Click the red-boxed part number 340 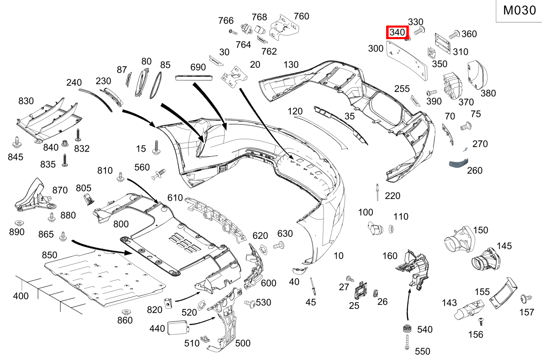[397, 33]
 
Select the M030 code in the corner [520, 11]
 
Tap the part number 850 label [49, 255]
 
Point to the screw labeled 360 [454, 35]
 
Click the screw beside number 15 [156, 148]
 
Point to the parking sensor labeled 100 [374, 227]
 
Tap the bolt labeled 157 [526, 298]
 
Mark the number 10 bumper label [338, 256]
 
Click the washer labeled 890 [18, 223]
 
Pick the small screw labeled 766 [233, 31]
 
